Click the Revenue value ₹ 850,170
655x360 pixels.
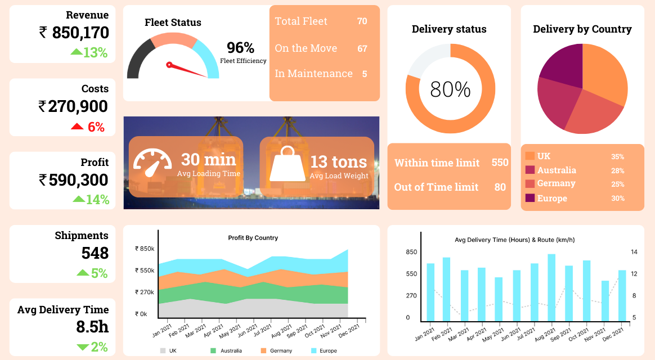74,33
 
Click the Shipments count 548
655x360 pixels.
95,253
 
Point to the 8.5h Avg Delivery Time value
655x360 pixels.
92,327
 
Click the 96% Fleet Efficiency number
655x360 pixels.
240,48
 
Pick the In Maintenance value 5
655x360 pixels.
364,74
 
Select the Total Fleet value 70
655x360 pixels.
362,21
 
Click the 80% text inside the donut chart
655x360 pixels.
450,89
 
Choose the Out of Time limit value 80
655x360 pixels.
500,187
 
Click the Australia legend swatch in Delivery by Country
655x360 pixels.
530,170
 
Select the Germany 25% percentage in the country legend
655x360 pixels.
617,184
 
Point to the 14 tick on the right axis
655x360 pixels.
634,251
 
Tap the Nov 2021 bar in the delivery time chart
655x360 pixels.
605,300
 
